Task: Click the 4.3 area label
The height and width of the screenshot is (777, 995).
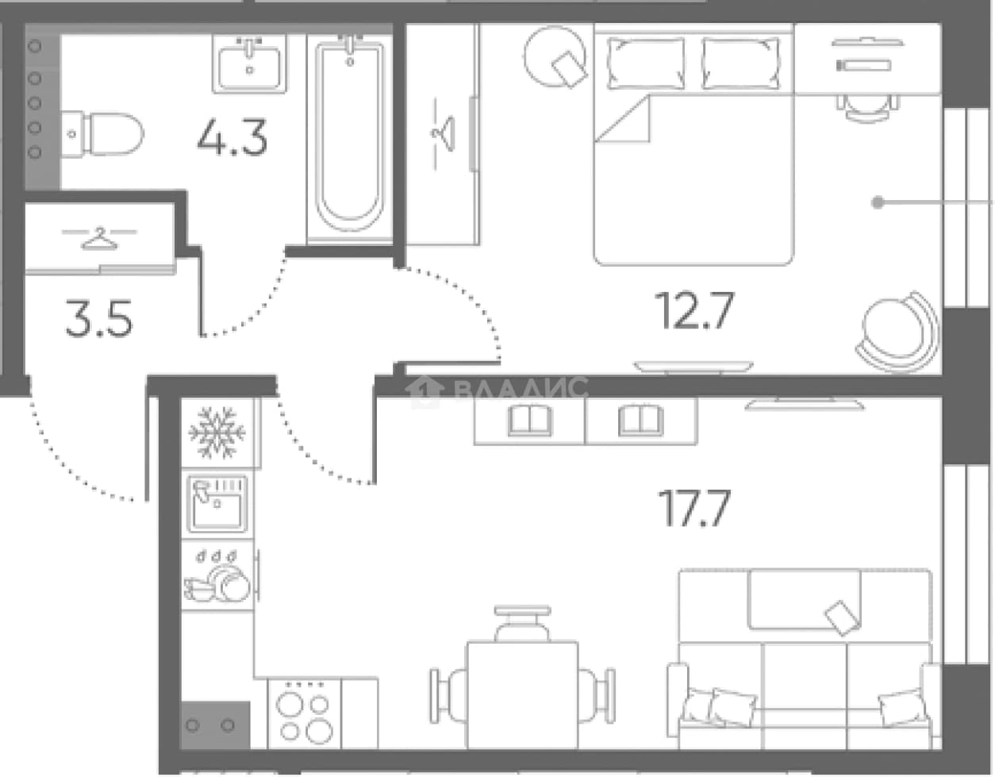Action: tap(232, 137)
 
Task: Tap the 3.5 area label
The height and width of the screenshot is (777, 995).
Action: tap(99, 318)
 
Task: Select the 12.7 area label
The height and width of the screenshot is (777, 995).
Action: tap(694, 311)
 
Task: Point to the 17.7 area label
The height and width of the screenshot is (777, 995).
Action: tap(694, 508)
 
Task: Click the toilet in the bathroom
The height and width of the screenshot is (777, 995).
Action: tap(102, 134)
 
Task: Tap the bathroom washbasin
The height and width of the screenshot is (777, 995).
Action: tap(250, 64)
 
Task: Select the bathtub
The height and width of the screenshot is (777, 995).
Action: tap(350, 137)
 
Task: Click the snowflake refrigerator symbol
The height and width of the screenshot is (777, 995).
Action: tap(217, 433)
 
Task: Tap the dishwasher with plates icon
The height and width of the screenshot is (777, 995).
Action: tap(217, 576)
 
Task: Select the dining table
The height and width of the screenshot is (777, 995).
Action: tap(522, 695)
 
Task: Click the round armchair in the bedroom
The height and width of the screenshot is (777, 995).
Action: tap(897, 333)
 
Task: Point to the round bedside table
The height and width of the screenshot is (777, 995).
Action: tap(555, 57)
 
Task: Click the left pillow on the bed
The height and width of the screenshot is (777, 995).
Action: tap(646, 63)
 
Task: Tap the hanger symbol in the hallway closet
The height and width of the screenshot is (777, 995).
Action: tap(99, 239)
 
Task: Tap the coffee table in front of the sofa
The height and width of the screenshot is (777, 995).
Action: tap(805, 599)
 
